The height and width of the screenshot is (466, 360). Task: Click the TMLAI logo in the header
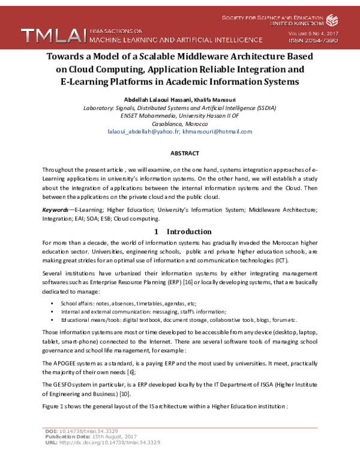53,35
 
